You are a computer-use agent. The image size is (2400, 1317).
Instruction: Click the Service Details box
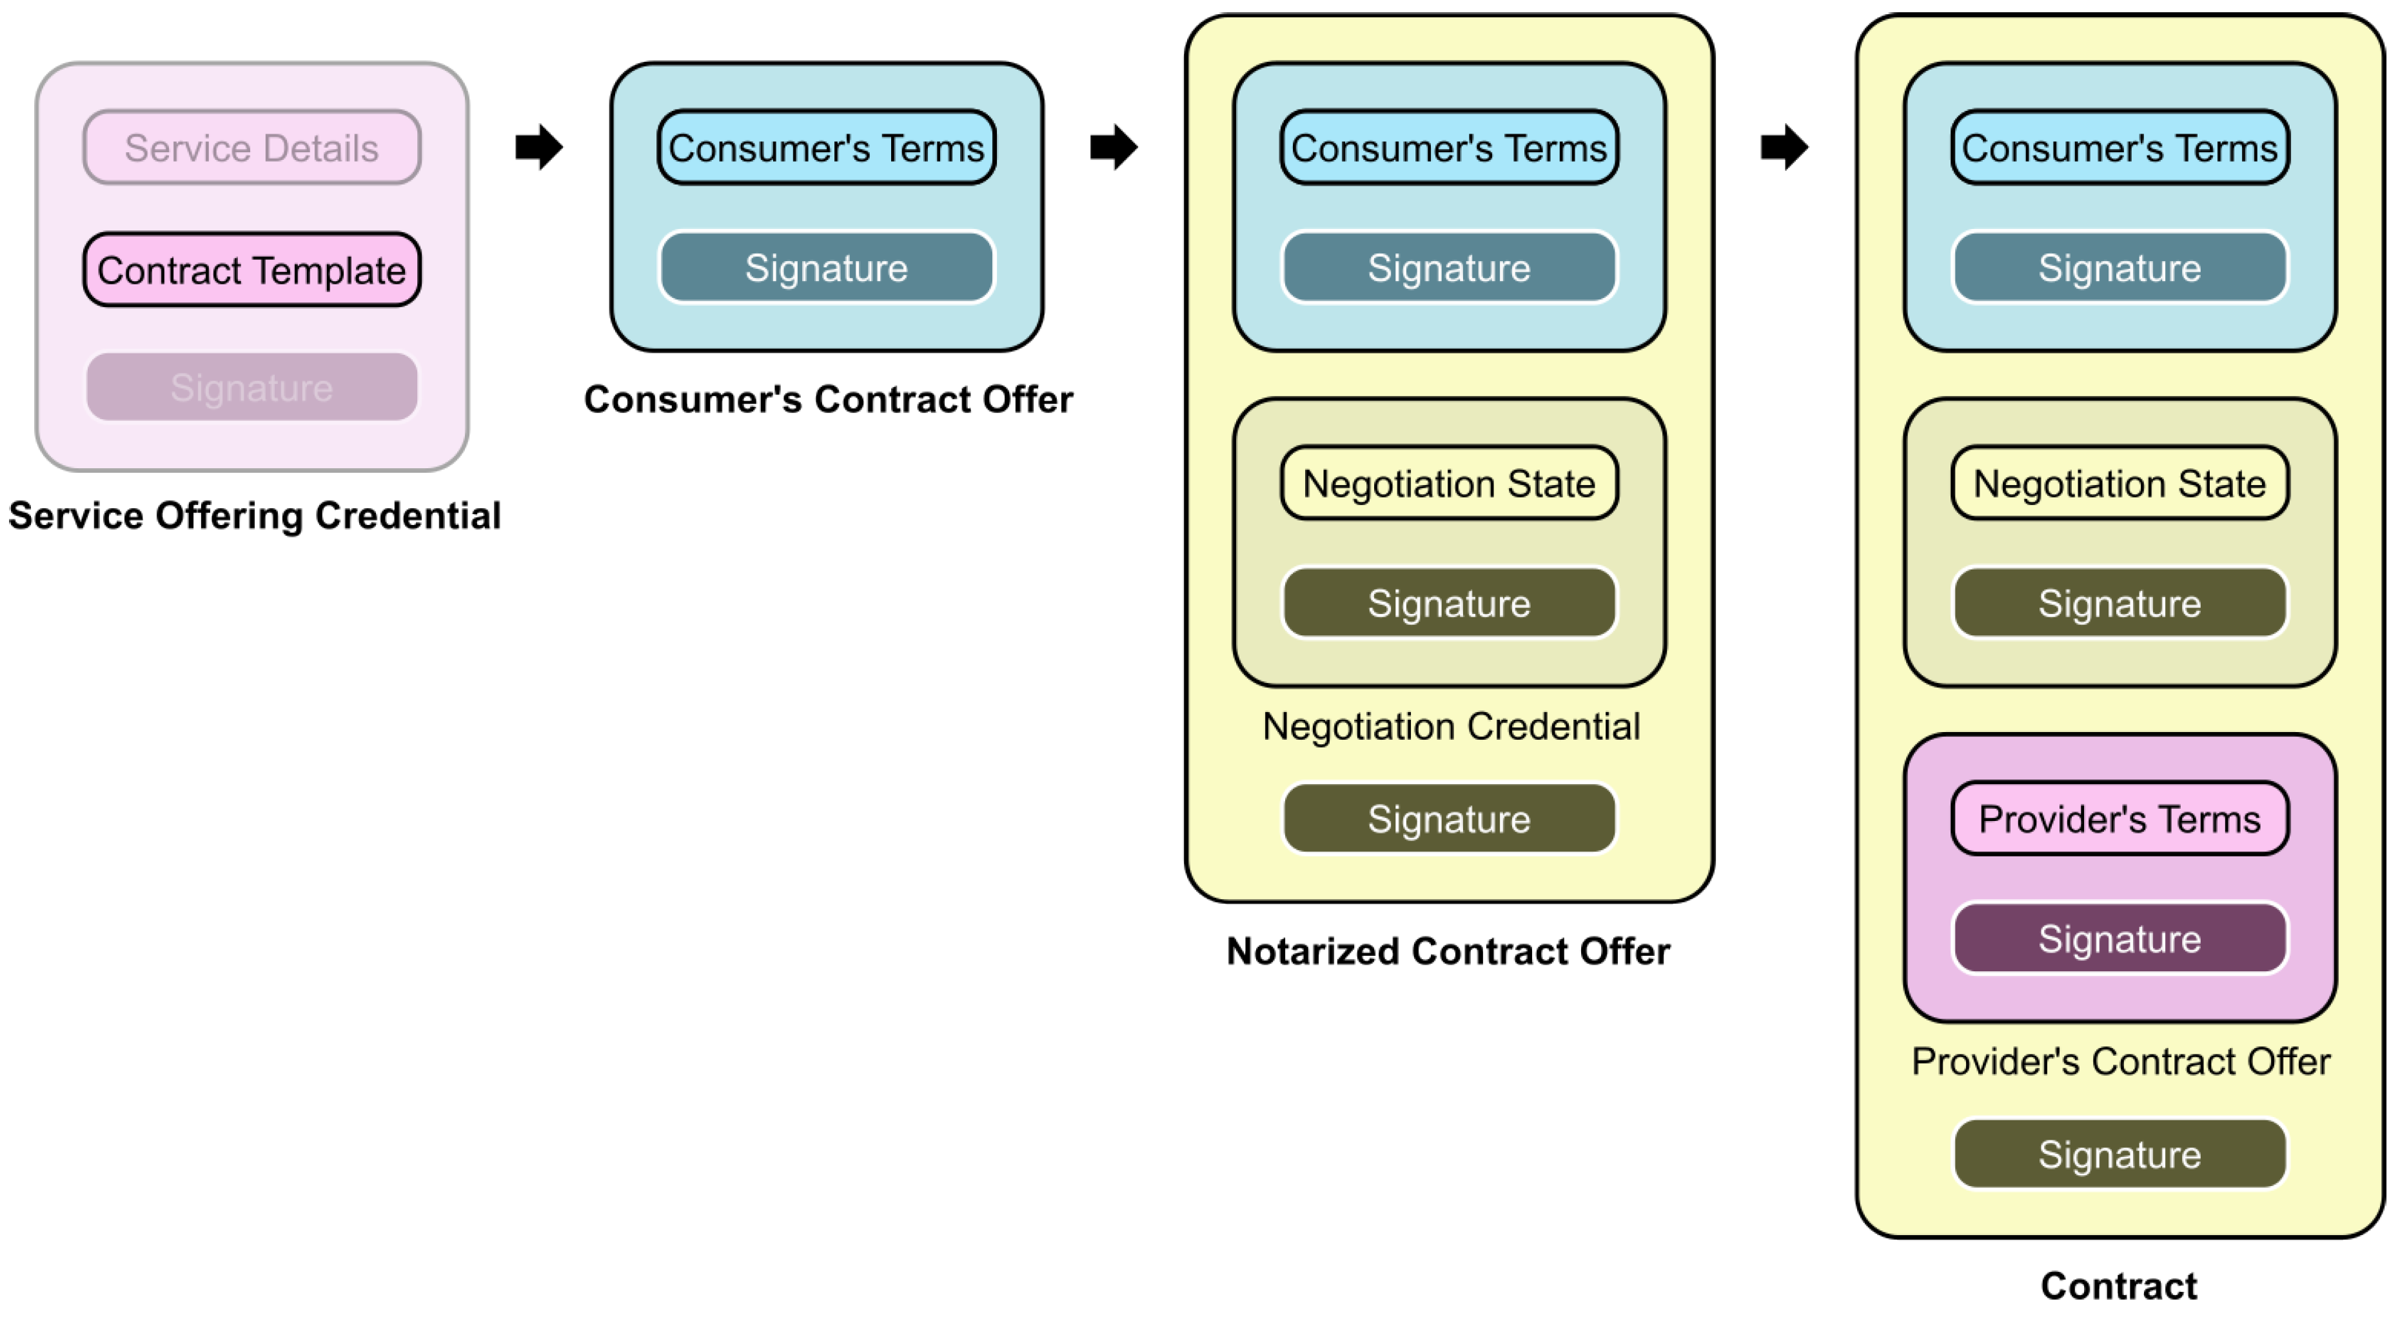(251, 147)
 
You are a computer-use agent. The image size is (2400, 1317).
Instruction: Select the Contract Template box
(251, 270)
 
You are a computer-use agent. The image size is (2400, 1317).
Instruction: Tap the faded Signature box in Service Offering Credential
(251, 387)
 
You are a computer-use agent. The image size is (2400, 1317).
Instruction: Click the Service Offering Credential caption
(254, 515)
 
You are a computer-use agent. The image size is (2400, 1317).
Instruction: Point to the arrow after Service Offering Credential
(538, 146)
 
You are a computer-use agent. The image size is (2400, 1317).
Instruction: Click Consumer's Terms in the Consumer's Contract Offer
(827, 147)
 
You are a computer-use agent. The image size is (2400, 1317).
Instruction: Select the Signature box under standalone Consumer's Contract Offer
(827, 268)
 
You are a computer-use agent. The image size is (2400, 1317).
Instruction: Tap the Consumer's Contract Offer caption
(828, 399)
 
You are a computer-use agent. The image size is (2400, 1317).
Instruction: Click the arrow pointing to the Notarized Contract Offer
(1114, 146)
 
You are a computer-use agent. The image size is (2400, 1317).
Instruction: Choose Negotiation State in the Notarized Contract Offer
(1449, 483)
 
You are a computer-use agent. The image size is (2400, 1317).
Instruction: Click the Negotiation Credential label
(1451, 726)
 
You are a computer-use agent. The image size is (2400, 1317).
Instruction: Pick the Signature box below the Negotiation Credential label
(1449, 818)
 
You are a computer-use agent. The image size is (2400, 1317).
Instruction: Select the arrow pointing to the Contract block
(1783, 146)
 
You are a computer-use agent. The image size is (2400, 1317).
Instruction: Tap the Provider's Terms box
(2120, 818)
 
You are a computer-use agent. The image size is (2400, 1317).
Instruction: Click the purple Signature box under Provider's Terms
(2120, 938)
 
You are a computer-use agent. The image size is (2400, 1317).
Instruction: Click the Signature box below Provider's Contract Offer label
(2120, 1154)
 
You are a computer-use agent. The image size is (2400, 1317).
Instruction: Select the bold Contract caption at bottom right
(2119, 1285)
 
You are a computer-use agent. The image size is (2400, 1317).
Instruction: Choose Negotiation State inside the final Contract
(2120, 483)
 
